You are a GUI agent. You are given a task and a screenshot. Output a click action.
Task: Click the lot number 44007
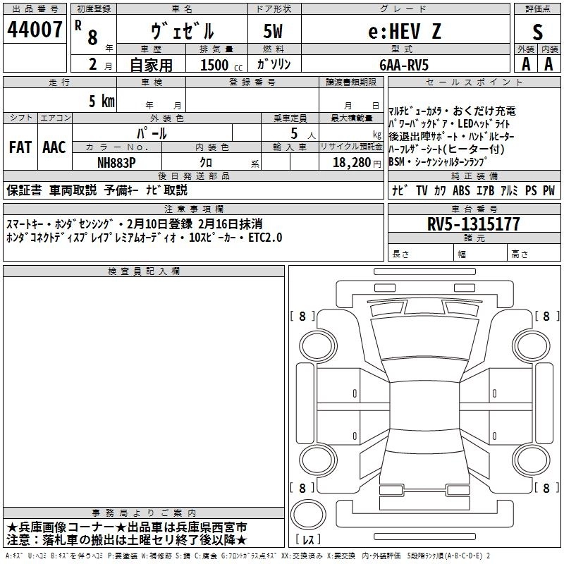tap(34, 30)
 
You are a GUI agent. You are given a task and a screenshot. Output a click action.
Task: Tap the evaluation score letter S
tap(537, 32)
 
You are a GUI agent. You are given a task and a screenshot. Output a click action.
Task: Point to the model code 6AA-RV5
tap(403, 64)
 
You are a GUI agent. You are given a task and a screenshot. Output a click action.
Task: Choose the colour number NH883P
tap(117, 162)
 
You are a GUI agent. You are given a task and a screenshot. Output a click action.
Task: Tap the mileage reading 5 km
tap(102, 101)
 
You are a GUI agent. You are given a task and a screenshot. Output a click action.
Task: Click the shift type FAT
tap(20, 147)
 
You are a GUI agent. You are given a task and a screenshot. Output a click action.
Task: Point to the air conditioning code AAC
tap(54, 147)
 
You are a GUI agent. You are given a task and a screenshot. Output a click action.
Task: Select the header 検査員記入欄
tap(144, 271)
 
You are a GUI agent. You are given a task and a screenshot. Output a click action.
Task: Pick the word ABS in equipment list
tap(462, 190)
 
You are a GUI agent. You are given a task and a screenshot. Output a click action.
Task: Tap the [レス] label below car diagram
tap(308, 541)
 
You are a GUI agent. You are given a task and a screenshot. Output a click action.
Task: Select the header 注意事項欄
tap(193, 209)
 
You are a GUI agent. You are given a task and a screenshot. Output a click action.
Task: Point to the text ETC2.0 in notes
tap(264, 238)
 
